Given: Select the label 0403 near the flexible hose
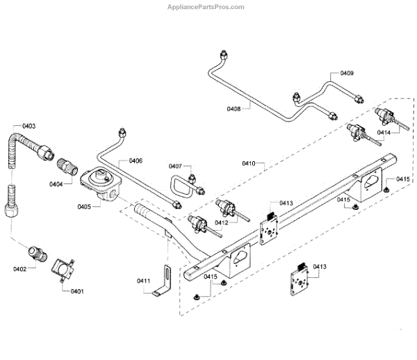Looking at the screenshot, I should point(28,126).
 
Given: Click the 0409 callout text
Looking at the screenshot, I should point(346,73).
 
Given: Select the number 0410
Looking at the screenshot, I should point(250,163).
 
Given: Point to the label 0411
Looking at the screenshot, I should point(143,280).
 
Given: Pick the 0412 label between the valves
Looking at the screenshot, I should point(222,223).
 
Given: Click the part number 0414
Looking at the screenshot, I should point(384,131).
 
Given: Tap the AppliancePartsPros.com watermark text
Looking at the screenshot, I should point(207,7).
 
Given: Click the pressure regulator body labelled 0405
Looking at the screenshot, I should point(100,185).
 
